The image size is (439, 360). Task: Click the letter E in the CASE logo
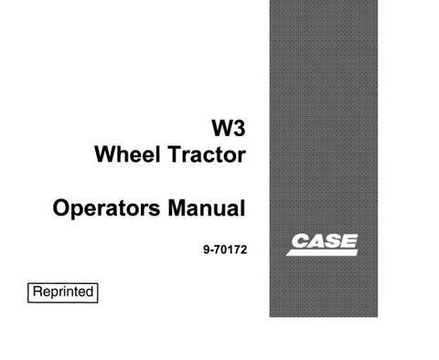click(x=349, y=244)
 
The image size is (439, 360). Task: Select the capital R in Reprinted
click(x=38, y=292)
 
